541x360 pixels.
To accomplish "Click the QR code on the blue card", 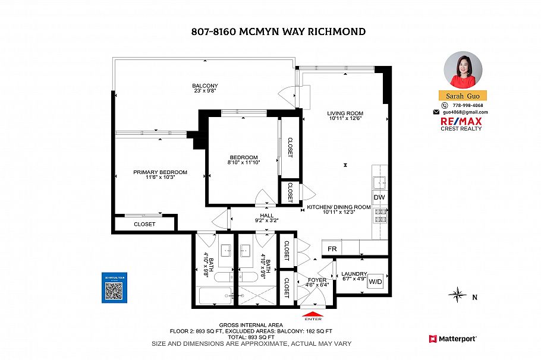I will pyautogui.click(x=114, y=290).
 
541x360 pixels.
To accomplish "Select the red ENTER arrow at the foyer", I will pyautogui.click(x=313, y=315).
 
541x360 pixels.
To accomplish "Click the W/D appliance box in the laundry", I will pyautogui.click(x=376, y=282).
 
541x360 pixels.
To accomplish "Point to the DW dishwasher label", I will pyautogui.click(x=379, y=197).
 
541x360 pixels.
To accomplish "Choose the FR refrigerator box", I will pyautogui.click(x=332, y=248).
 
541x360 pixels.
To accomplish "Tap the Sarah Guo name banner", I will pyautogui.click(x=463, y=96).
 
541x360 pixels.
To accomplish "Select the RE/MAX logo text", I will pyautogui.click(x=461, y=121).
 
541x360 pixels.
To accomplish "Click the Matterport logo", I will pyautogui.click(x=452, y=339).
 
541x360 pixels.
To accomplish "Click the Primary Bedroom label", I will pyautogui.click(x=160, y=172).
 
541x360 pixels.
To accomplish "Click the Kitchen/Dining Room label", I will pyautogui.click(x=338, y=207).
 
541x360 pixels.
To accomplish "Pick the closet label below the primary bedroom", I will pyautogui.click(x=144, y=224).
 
